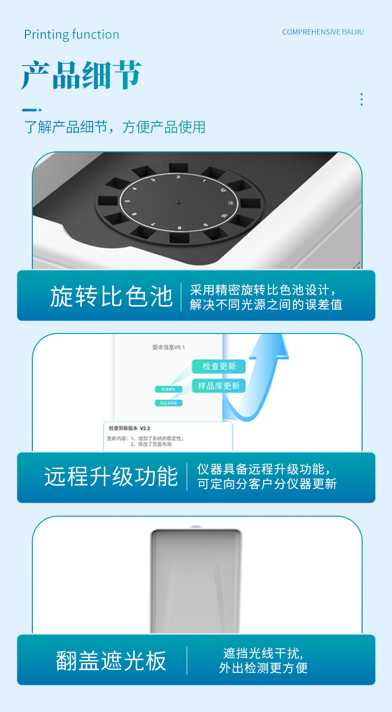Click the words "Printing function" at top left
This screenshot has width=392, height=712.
pos(72,35)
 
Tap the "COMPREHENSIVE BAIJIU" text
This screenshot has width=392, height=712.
pos(323,32)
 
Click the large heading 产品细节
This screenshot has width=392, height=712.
pos(81,75)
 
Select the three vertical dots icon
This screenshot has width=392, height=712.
pos(361,99)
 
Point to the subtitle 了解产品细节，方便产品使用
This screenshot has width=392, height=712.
pos(115,127)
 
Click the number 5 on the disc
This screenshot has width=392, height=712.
pos(128,201)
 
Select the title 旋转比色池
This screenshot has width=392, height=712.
pos(111,297)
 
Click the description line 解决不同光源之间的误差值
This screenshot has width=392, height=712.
pos(266,305)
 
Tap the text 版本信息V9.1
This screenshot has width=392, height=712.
pos(169,347)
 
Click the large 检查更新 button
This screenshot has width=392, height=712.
pos(219,366)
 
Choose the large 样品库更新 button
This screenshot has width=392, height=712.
pos(219,386)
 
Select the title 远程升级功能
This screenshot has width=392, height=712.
pos(111,476)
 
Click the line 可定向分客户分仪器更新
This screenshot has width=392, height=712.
pos(267,484)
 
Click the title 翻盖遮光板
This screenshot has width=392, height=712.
pos(111,661)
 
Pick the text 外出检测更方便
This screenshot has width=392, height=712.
pos(263,668)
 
